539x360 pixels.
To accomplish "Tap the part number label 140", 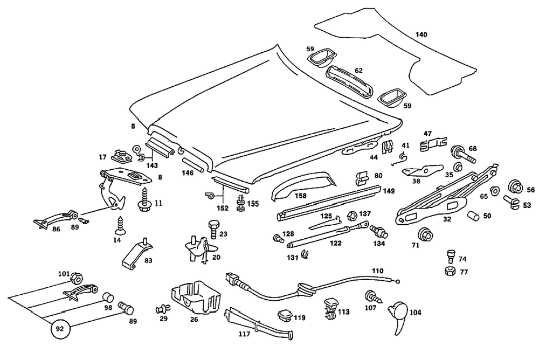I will (421, 34).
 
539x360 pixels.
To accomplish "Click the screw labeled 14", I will (119, 223).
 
